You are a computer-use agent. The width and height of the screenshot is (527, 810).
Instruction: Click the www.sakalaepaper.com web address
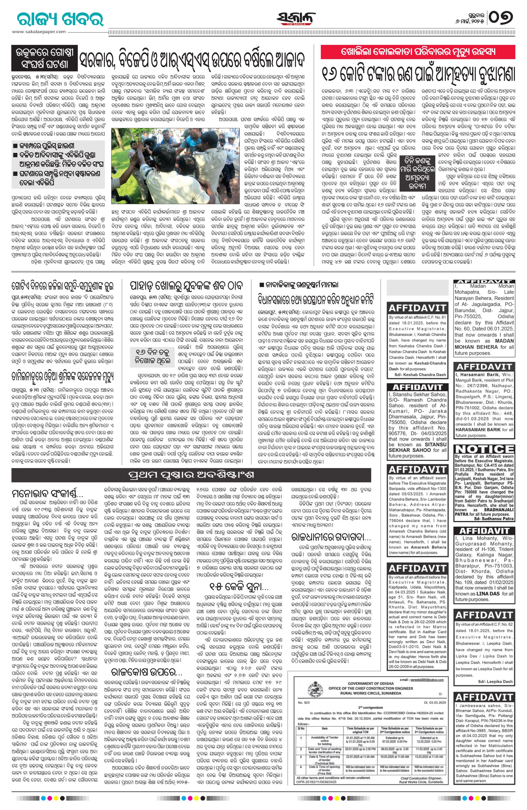pos(39,32)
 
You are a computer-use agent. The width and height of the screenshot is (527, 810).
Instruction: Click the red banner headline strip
pos(418,52)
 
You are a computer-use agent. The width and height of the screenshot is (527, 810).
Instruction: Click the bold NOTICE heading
pos(484,448)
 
